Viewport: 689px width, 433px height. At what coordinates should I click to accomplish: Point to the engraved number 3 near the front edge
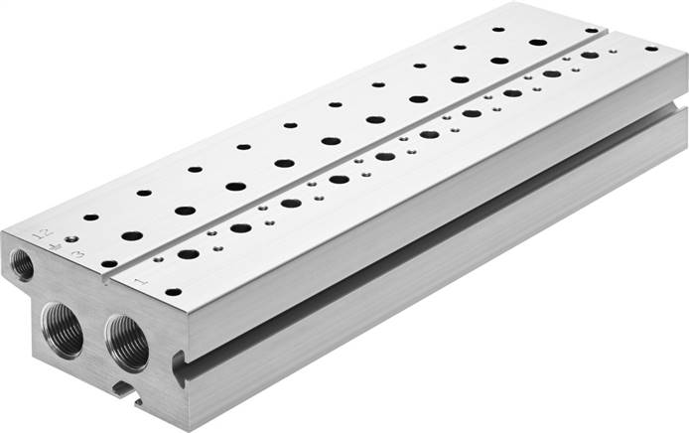tap(77, 256)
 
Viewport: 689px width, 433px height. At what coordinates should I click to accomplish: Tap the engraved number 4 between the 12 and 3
tap(58, 245)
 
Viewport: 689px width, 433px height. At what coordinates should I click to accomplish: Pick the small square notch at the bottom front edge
tap(122, 386)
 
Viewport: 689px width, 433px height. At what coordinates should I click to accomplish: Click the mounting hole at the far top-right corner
tap(651, 48)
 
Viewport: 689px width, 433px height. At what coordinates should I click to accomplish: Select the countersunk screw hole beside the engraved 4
tap(71, 238)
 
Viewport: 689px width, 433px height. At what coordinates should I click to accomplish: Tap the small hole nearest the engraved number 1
tap(173, 292)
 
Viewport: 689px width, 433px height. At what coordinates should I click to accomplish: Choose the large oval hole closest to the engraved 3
tap(131, 235)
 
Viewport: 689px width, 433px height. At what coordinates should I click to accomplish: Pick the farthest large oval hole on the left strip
tap(538, 43)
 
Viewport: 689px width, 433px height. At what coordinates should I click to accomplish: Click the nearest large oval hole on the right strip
tap(189, 254)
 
